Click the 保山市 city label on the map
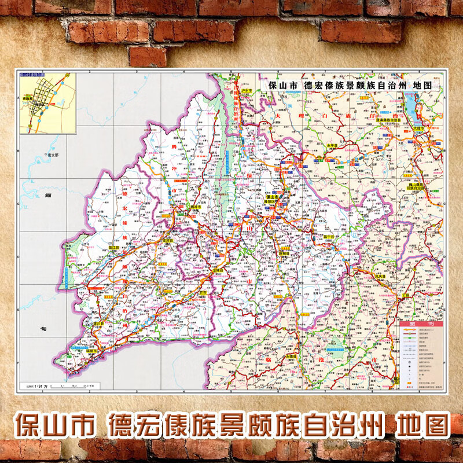[x=271, y=197]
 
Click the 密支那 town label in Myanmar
[x=53, y=155]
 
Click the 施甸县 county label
[x=284, y=253]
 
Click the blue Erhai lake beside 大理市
[x=414, y=105]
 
